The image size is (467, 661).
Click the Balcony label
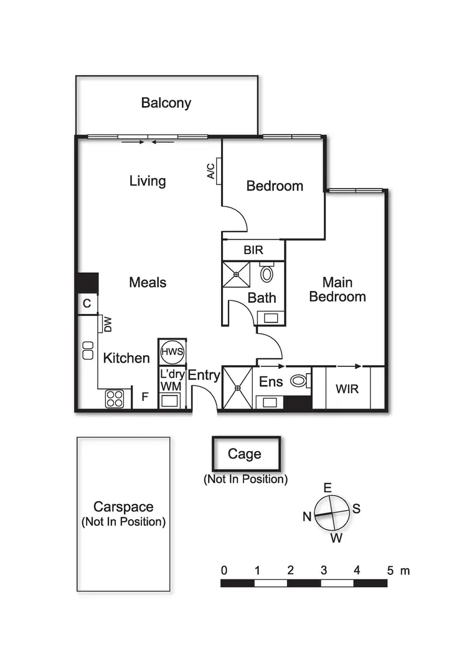coord(166,103)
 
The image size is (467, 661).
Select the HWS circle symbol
coord(172,352)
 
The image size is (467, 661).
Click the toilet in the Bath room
coord(267,273)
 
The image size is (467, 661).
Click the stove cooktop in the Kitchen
coord(114,398)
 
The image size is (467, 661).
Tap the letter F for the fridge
coord(145,396)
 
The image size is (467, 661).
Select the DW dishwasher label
coord(107,324)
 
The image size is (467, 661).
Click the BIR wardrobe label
coord(253,250)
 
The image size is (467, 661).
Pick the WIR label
coord(347,389)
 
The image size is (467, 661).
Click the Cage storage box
coord(245,454)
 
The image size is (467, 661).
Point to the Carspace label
coord(123,507)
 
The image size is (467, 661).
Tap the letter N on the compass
coord(306,516)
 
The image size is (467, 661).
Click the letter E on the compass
coord(328,488)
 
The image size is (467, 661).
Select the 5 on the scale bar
coord(390,570)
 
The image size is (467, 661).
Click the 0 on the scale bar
coord(224,570)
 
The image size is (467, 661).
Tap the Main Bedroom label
coord(337,289)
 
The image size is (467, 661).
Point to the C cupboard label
coord(87,304)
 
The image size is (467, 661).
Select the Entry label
coord(204,375)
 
